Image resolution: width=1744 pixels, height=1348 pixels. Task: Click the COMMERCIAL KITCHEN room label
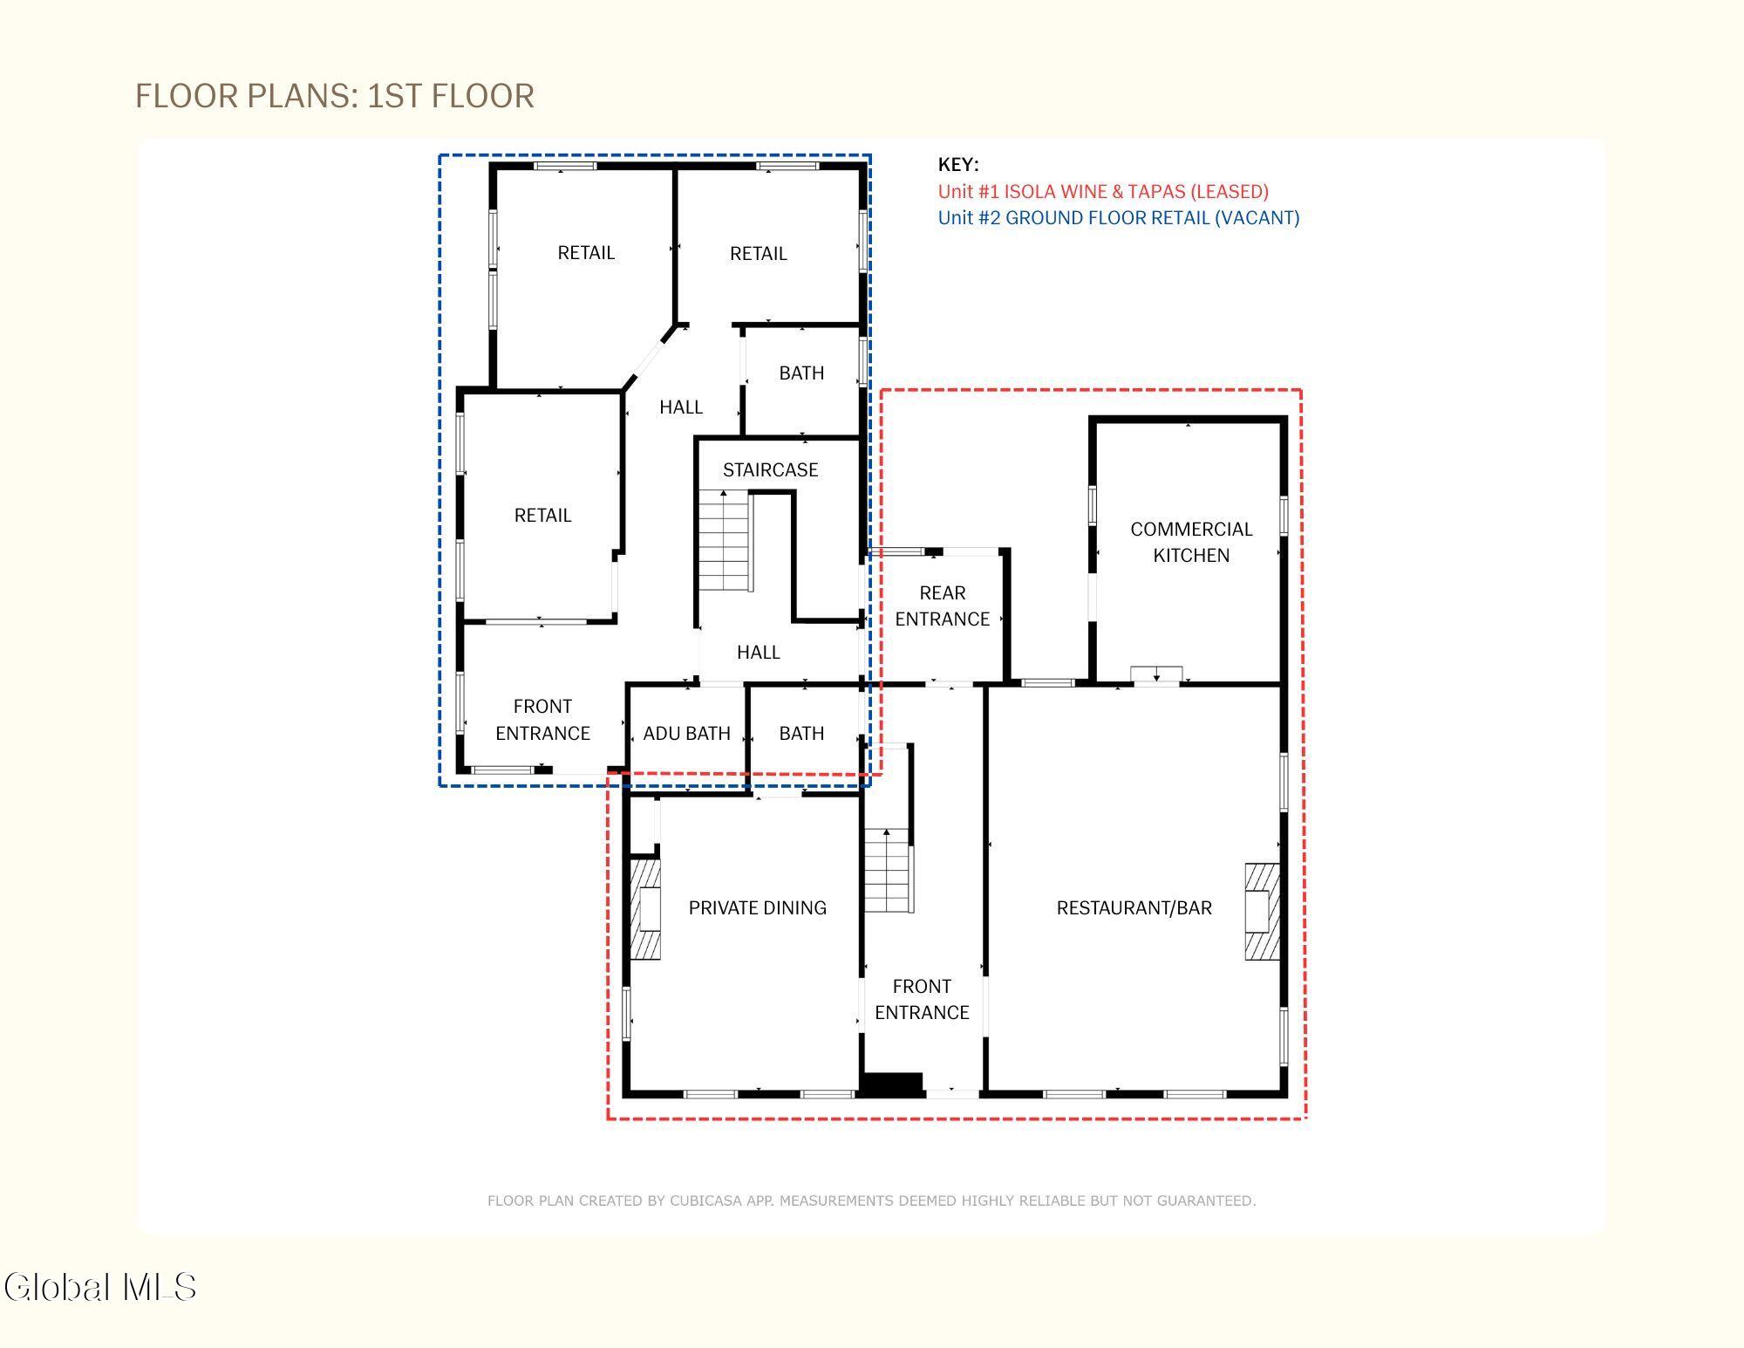click(x=1191, y=542)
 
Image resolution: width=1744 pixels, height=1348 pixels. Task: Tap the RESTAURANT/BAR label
click(x=1134, y=908)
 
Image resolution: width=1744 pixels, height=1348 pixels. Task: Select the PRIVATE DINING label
click(x=757, y=908)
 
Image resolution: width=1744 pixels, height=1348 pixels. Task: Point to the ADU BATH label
click(x=686, y=734)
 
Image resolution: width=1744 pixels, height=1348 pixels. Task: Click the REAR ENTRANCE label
click(x=942, y=606)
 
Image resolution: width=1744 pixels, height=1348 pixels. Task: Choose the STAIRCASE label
click(x=770, y=470)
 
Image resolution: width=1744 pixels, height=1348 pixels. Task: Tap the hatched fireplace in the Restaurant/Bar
click(x=1262, y=911)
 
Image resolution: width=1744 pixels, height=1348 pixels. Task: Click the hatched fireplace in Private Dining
click(x=645, y=909)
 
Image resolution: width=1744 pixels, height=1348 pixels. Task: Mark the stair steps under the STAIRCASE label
click(x=724, y=541)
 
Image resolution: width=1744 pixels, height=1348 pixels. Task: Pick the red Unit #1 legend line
click(x=1103, y=192)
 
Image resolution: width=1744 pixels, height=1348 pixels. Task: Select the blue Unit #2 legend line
click(x=1119, y=218)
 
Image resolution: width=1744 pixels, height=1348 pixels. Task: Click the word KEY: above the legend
click(x=958, y=165)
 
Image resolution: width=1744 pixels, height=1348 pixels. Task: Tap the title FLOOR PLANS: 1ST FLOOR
click(x=335, y=96)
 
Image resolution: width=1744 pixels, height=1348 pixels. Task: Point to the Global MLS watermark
click(x=100, y=1287)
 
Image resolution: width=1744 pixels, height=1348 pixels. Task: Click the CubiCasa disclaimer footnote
click(x=871, y=1201)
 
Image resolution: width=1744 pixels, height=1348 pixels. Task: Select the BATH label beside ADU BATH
click(x=801, y=734)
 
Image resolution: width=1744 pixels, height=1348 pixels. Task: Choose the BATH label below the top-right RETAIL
click(x=801, y=373)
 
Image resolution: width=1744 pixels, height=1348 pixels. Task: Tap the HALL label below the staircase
click(x=758, y=653)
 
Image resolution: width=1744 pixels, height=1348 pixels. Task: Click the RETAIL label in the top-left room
click(x=586, y=253)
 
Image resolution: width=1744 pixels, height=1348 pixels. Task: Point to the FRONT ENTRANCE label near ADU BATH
click(x=542, y=720)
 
